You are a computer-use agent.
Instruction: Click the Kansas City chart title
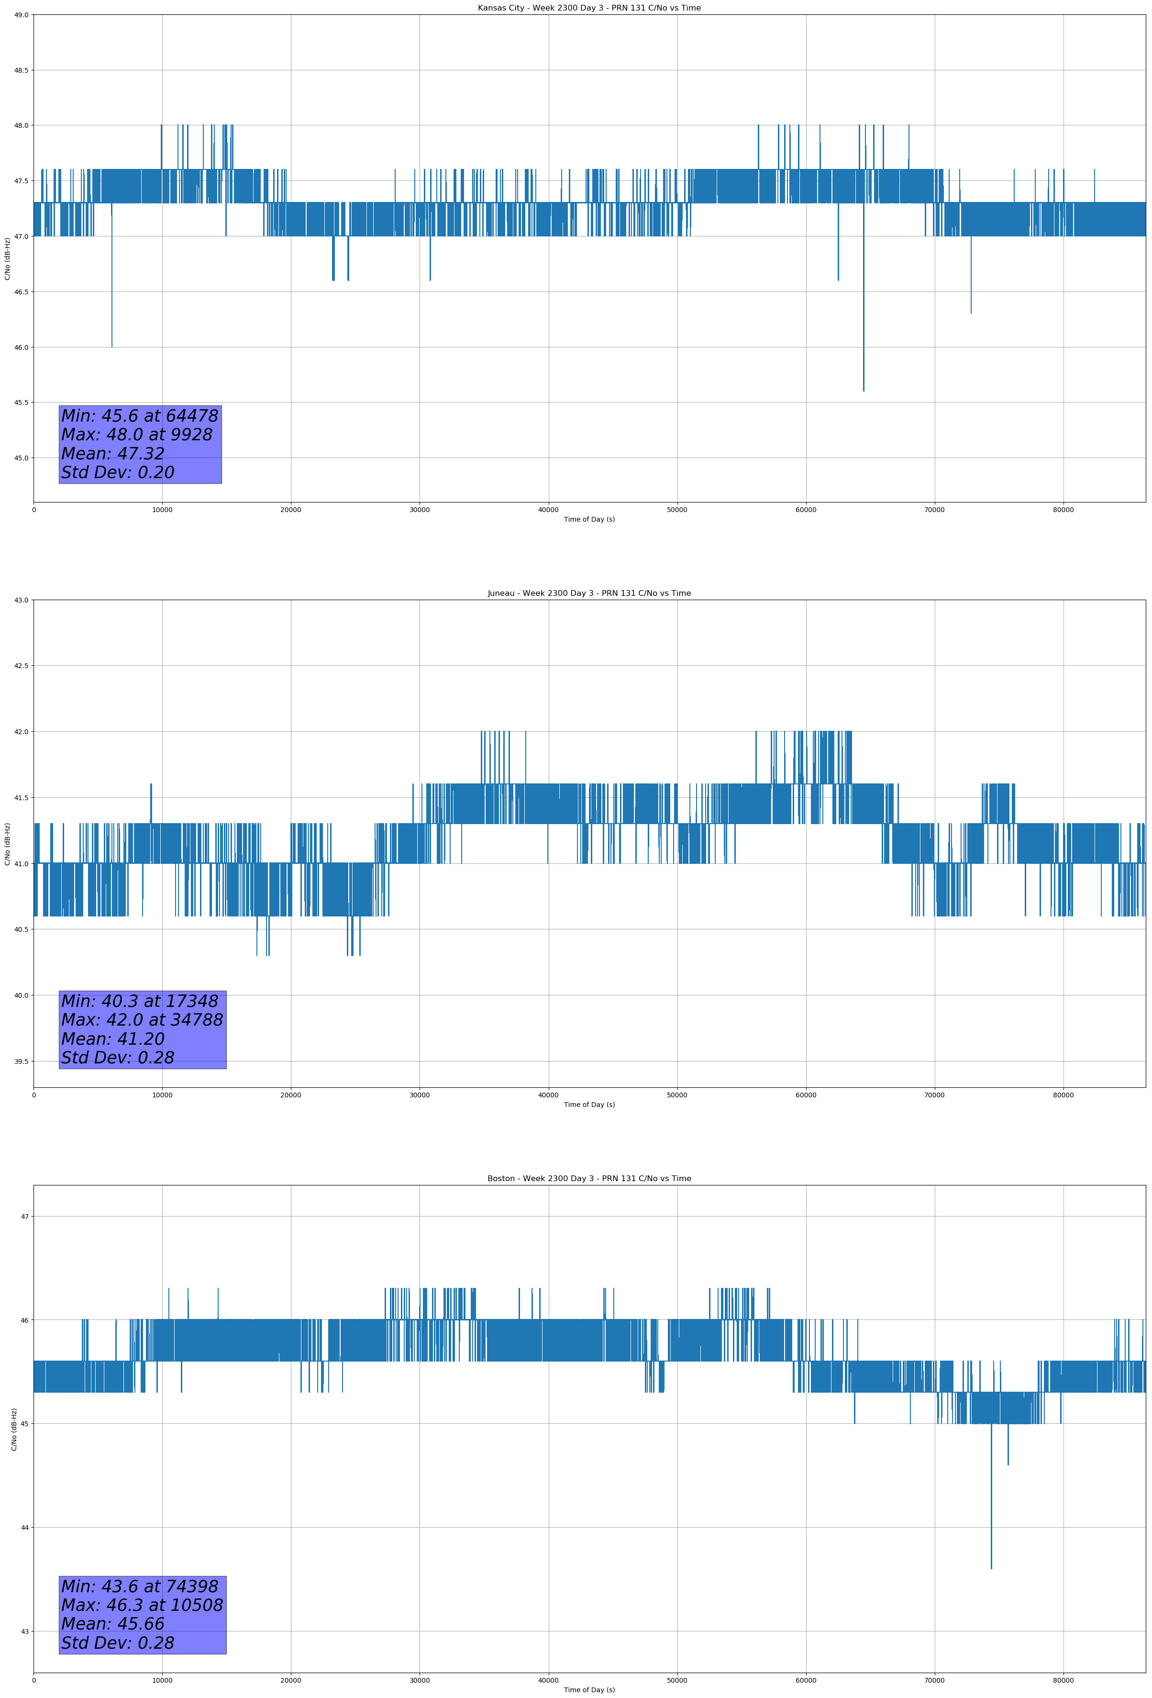(589, 8)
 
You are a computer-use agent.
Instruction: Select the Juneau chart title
(589, 593)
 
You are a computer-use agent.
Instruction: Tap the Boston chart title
(589, 1179)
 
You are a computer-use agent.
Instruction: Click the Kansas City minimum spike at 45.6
(864, 387)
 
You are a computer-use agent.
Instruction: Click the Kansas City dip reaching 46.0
(112, 344)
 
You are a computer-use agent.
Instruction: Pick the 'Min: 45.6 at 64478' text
(140, 416)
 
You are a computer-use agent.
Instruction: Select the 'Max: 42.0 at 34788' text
(142, 1020)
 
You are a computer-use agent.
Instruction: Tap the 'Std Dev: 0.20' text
(118, 473)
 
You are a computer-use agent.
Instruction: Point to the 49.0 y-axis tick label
(21, 15)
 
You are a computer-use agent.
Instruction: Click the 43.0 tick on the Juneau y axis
(21, 600)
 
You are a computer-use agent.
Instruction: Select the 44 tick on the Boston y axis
(25, 1528)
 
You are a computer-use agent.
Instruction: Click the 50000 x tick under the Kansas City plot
(677, 510)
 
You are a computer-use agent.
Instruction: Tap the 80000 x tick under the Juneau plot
(1063, 1095)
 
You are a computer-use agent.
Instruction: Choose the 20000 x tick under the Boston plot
(291, 1680)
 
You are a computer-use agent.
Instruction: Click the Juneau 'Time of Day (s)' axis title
(589, 1105)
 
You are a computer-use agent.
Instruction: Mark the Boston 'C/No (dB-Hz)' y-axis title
(14, 1429)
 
